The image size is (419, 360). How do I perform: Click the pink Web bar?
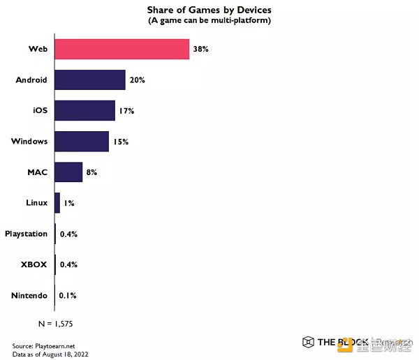[x=122, y=49]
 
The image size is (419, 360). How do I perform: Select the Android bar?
[x=89, y=80]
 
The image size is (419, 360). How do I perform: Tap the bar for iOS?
[x=84, y=110]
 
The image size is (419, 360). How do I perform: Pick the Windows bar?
[x=81, y=141]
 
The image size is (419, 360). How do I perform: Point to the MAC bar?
[x=68, y=172]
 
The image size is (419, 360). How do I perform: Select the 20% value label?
[x=137, y=80]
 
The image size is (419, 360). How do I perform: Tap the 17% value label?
[x=126, y=111]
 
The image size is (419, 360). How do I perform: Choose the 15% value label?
[x=120, y=142]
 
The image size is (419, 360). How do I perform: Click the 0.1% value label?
[x=68, y=295]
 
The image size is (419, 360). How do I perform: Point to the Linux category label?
[x=36, y=202]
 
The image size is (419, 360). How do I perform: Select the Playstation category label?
[x=26, y=234]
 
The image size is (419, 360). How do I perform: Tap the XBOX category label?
[x=34, y=264]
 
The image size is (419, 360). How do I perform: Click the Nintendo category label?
[x=29, y=295]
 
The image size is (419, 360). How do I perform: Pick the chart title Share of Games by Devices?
[x=209, y=10]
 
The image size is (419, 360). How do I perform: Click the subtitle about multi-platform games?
[x=209, y=20]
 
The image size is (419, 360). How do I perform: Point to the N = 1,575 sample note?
[x=55, y=324]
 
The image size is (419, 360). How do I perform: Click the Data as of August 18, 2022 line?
[x=50, y=354]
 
